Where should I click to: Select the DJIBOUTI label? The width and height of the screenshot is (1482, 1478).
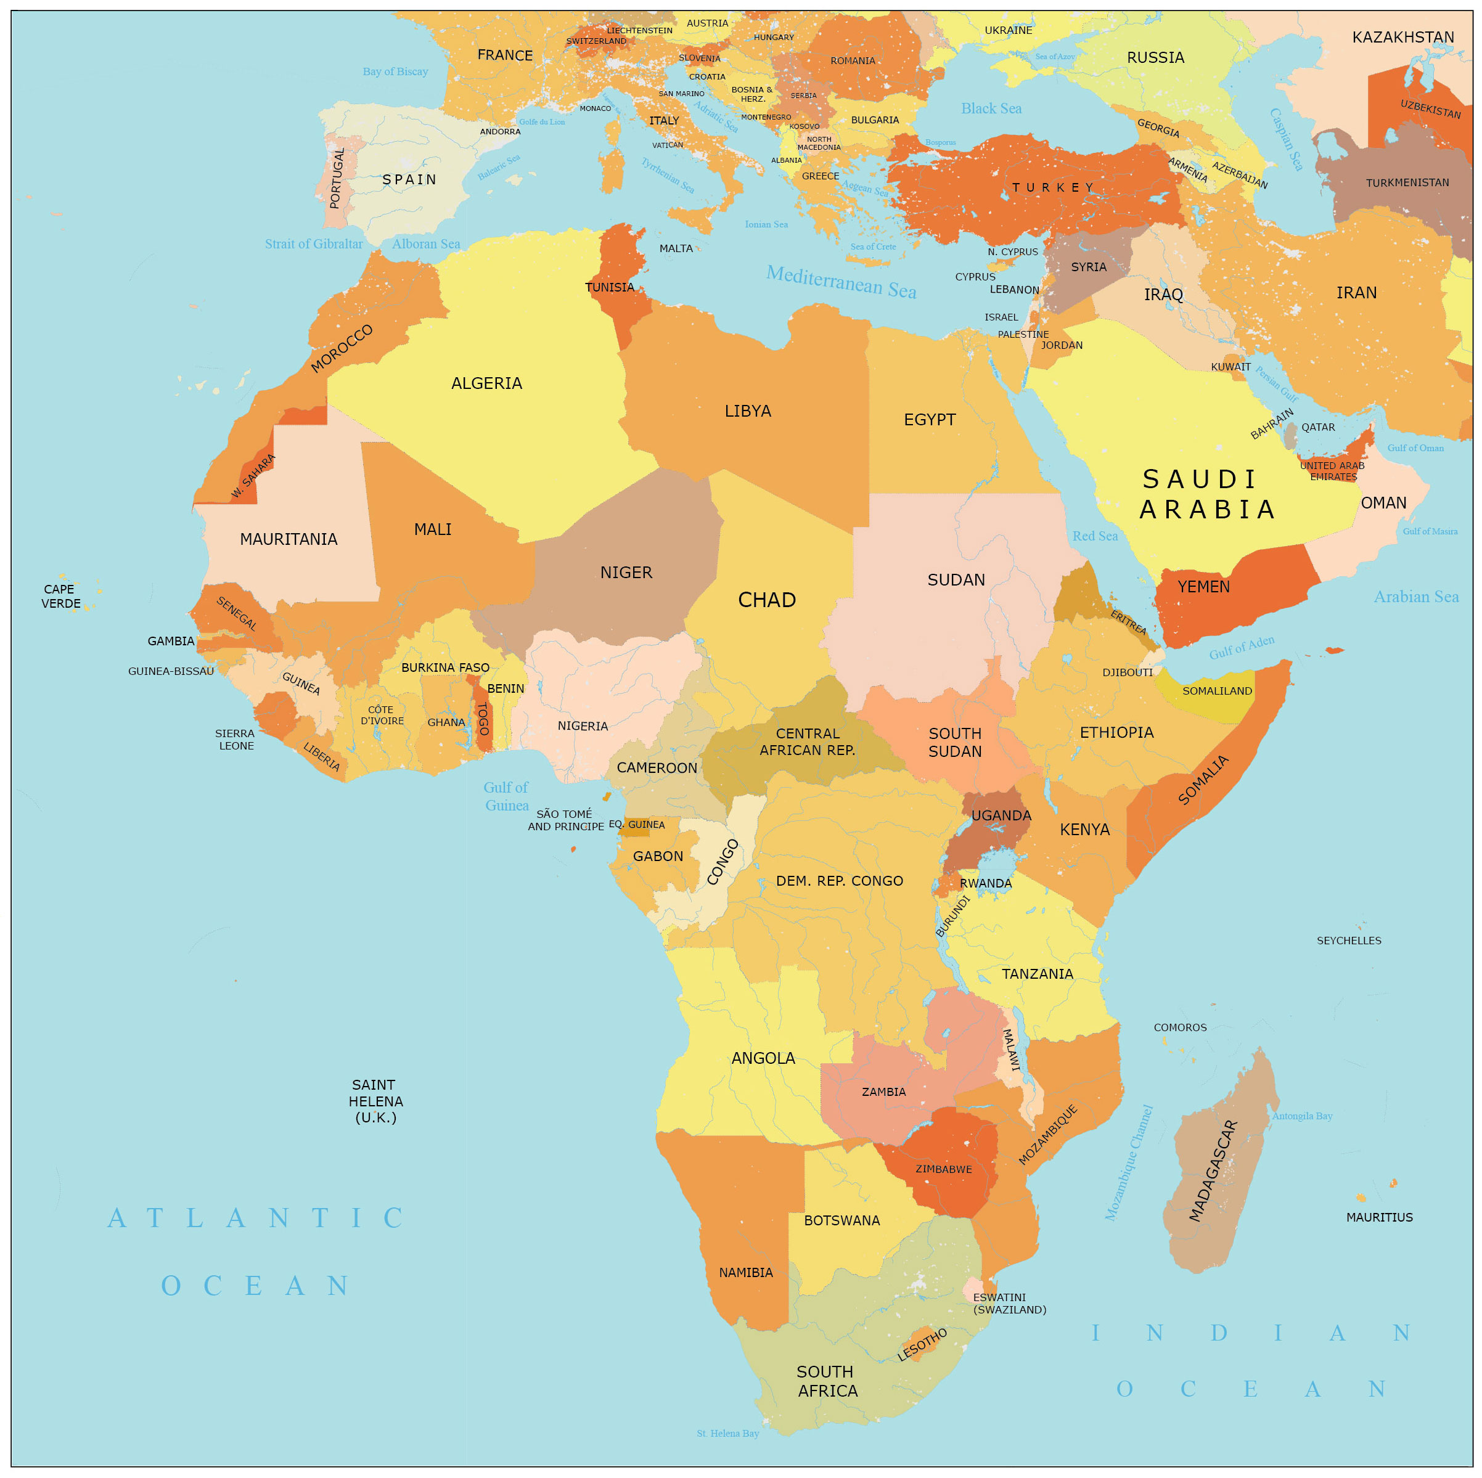pos(1127,672)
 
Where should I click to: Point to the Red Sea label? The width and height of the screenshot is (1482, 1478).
pos(1095,536)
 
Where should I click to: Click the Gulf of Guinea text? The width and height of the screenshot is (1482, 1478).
pos(506,796)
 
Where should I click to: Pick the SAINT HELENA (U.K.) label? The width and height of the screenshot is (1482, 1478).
pos(374,1101)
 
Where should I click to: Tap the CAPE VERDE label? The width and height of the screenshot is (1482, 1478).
pos(60,596)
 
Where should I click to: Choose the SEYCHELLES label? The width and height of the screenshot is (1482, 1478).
pos(1348,941)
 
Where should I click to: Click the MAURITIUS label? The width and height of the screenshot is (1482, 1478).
pos(1378,1217)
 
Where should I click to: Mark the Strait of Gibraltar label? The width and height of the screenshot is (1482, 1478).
pos(314,244)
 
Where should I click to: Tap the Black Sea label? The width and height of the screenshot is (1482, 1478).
pos(991,108)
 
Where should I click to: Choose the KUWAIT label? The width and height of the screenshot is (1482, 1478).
pos(1230,367)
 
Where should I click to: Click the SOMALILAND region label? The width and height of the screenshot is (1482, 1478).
pos(1216,691)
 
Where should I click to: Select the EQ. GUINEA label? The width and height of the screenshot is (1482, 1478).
pos(637,825)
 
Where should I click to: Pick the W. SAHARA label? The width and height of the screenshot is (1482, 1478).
pos(253,476)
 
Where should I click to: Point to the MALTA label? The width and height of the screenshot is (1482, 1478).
pos(676,248)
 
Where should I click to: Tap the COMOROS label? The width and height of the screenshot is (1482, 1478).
pos(1180,1027)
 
